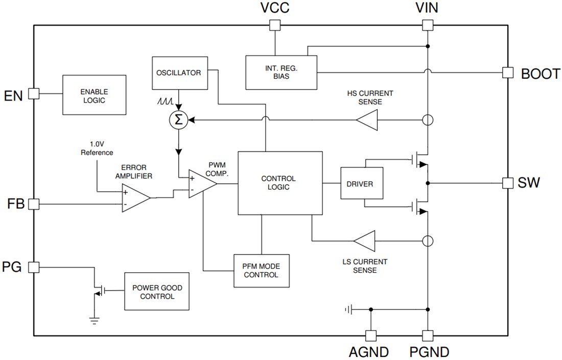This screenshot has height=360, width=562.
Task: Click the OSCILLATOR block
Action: click(x=178, y=73)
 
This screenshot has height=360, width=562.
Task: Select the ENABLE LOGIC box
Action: click(x=94, y=95)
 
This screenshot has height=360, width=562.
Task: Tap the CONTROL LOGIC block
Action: click(x=280, y=183)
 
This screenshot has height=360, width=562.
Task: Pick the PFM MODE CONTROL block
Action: click(x=261, y=271)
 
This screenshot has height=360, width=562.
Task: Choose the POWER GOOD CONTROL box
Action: click(x=157, y=292)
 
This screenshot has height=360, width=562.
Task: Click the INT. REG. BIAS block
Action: click(x=280, y=72)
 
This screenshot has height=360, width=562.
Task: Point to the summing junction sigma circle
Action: click(x=178, y=121)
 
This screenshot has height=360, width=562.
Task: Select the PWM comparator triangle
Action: click(x=201, y=184)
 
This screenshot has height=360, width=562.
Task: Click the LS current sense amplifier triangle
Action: click(x=364, y=240)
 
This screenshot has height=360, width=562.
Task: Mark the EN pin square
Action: click(x=34, y=93)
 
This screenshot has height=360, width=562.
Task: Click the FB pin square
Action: click(x=34, y=204)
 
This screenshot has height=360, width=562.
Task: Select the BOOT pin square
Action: click(x=507, y=73)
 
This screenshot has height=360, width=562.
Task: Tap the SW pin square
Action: click(x=507, y=183)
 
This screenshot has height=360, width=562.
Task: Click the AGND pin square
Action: click(x=370, y=335)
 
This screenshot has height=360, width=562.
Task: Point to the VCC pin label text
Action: click(x=275, y=8)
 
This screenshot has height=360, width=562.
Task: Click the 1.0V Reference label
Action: click(x=97, y=149)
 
